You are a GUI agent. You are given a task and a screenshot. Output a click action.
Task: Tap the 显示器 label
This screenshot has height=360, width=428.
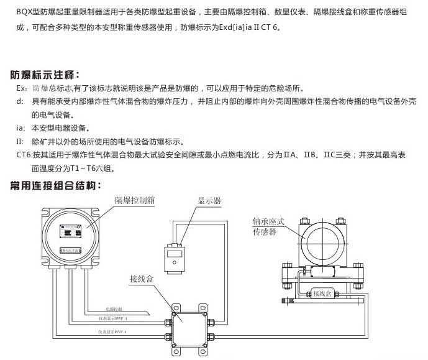point(209,201)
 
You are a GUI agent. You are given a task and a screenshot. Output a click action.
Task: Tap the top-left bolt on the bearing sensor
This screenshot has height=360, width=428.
point(304,221)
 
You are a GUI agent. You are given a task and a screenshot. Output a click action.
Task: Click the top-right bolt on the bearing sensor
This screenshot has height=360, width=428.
point(340,221)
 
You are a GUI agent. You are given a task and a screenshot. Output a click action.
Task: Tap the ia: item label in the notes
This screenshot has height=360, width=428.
point(20,128)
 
